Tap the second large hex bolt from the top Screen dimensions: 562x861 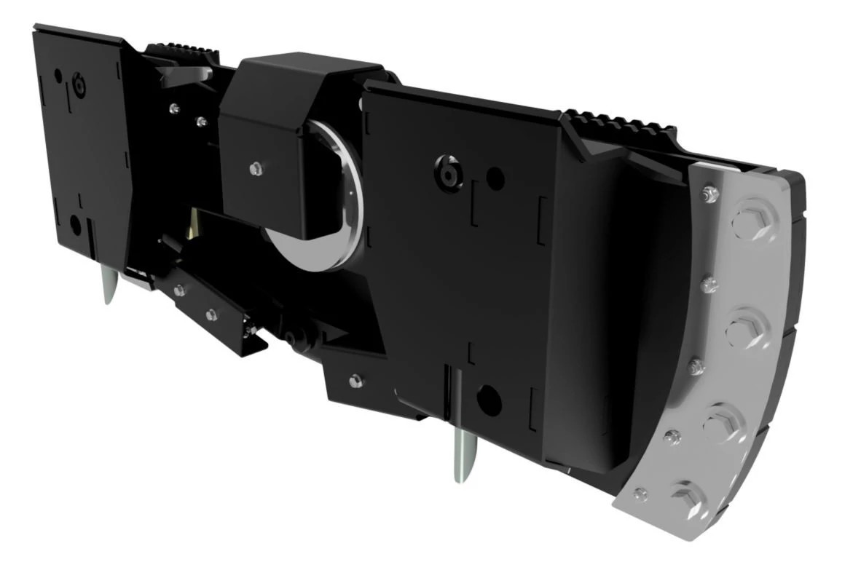(744, 331)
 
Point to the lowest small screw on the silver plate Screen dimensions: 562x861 (641, 494)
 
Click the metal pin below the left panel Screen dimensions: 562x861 (109, 285)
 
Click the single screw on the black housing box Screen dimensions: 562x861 (255, 169)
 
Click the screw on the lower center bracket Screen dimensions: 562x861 (355, 380)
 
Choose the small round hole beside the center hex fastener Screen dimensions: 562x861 (495, 175)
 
